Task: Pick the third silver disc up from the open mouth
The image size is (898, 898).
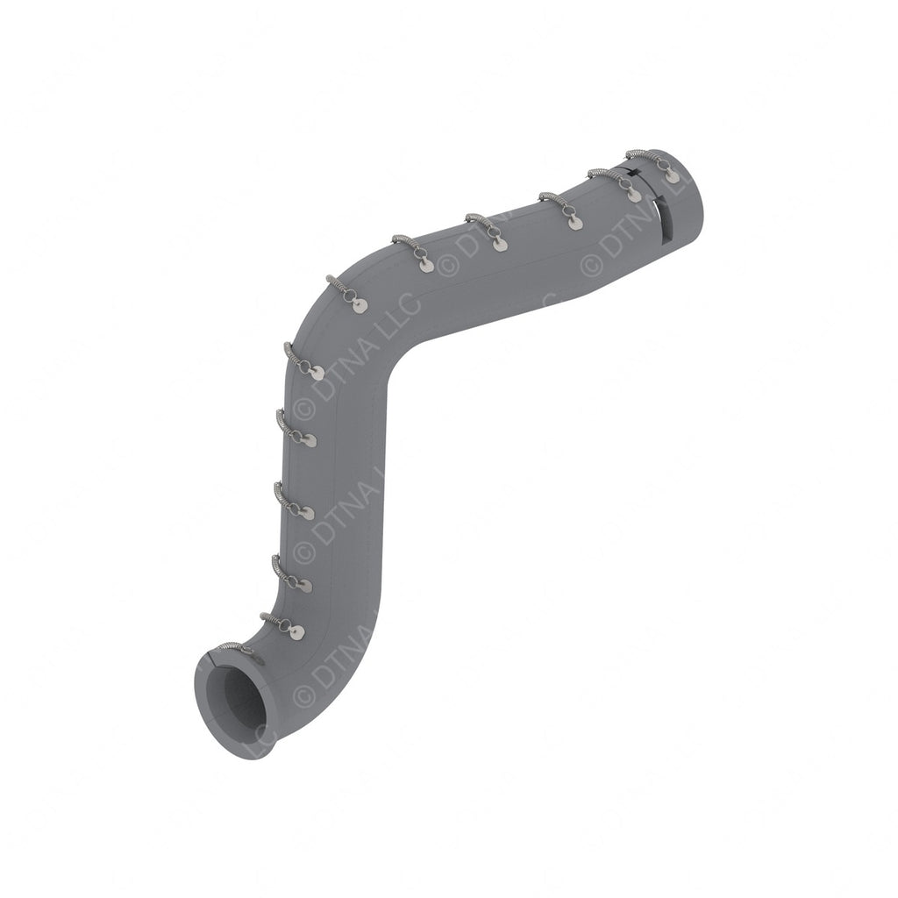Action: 309,513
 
